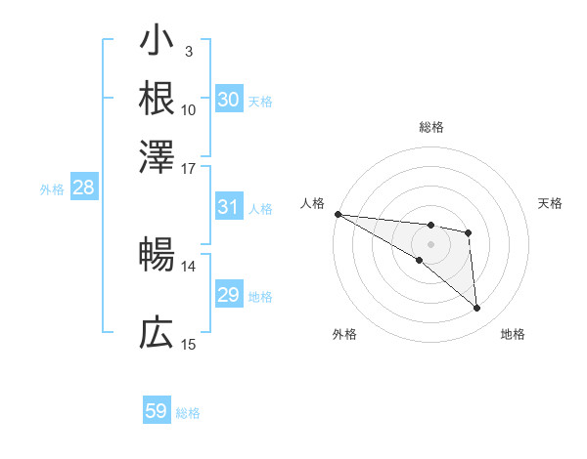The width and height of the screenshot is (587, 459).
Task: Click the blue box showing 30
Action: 228,100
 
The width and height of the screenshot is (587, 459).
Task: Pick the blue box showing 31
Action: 228,207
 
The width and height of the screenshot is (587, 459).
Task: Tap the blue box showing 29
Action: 228,295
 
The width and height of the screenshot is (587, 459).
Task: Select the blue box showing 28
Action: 83,188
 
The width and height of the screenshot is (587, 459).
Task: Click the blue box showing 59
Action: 157,411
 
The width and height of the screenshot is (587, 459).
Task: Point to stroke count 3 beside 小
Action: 188,52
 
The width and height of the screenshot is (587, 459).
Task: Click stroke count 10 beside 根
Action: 188,109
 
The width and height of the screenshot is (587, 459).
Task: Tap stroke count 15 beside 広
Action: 188,344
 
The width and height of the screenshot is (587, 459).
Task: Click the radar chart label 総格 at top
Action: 430,127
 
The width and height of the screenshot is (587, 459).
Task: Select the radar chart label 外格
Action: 344,334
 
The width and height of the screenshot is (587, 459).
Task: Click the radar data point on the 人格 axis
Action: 338,214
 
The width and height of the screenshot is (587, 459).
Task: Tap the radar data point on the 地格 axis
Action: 476,309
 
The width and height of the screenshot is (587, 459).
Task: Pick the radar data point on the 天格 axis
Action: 469,232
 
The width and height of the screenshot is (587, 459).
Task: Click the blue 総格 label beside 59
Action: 188,413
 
